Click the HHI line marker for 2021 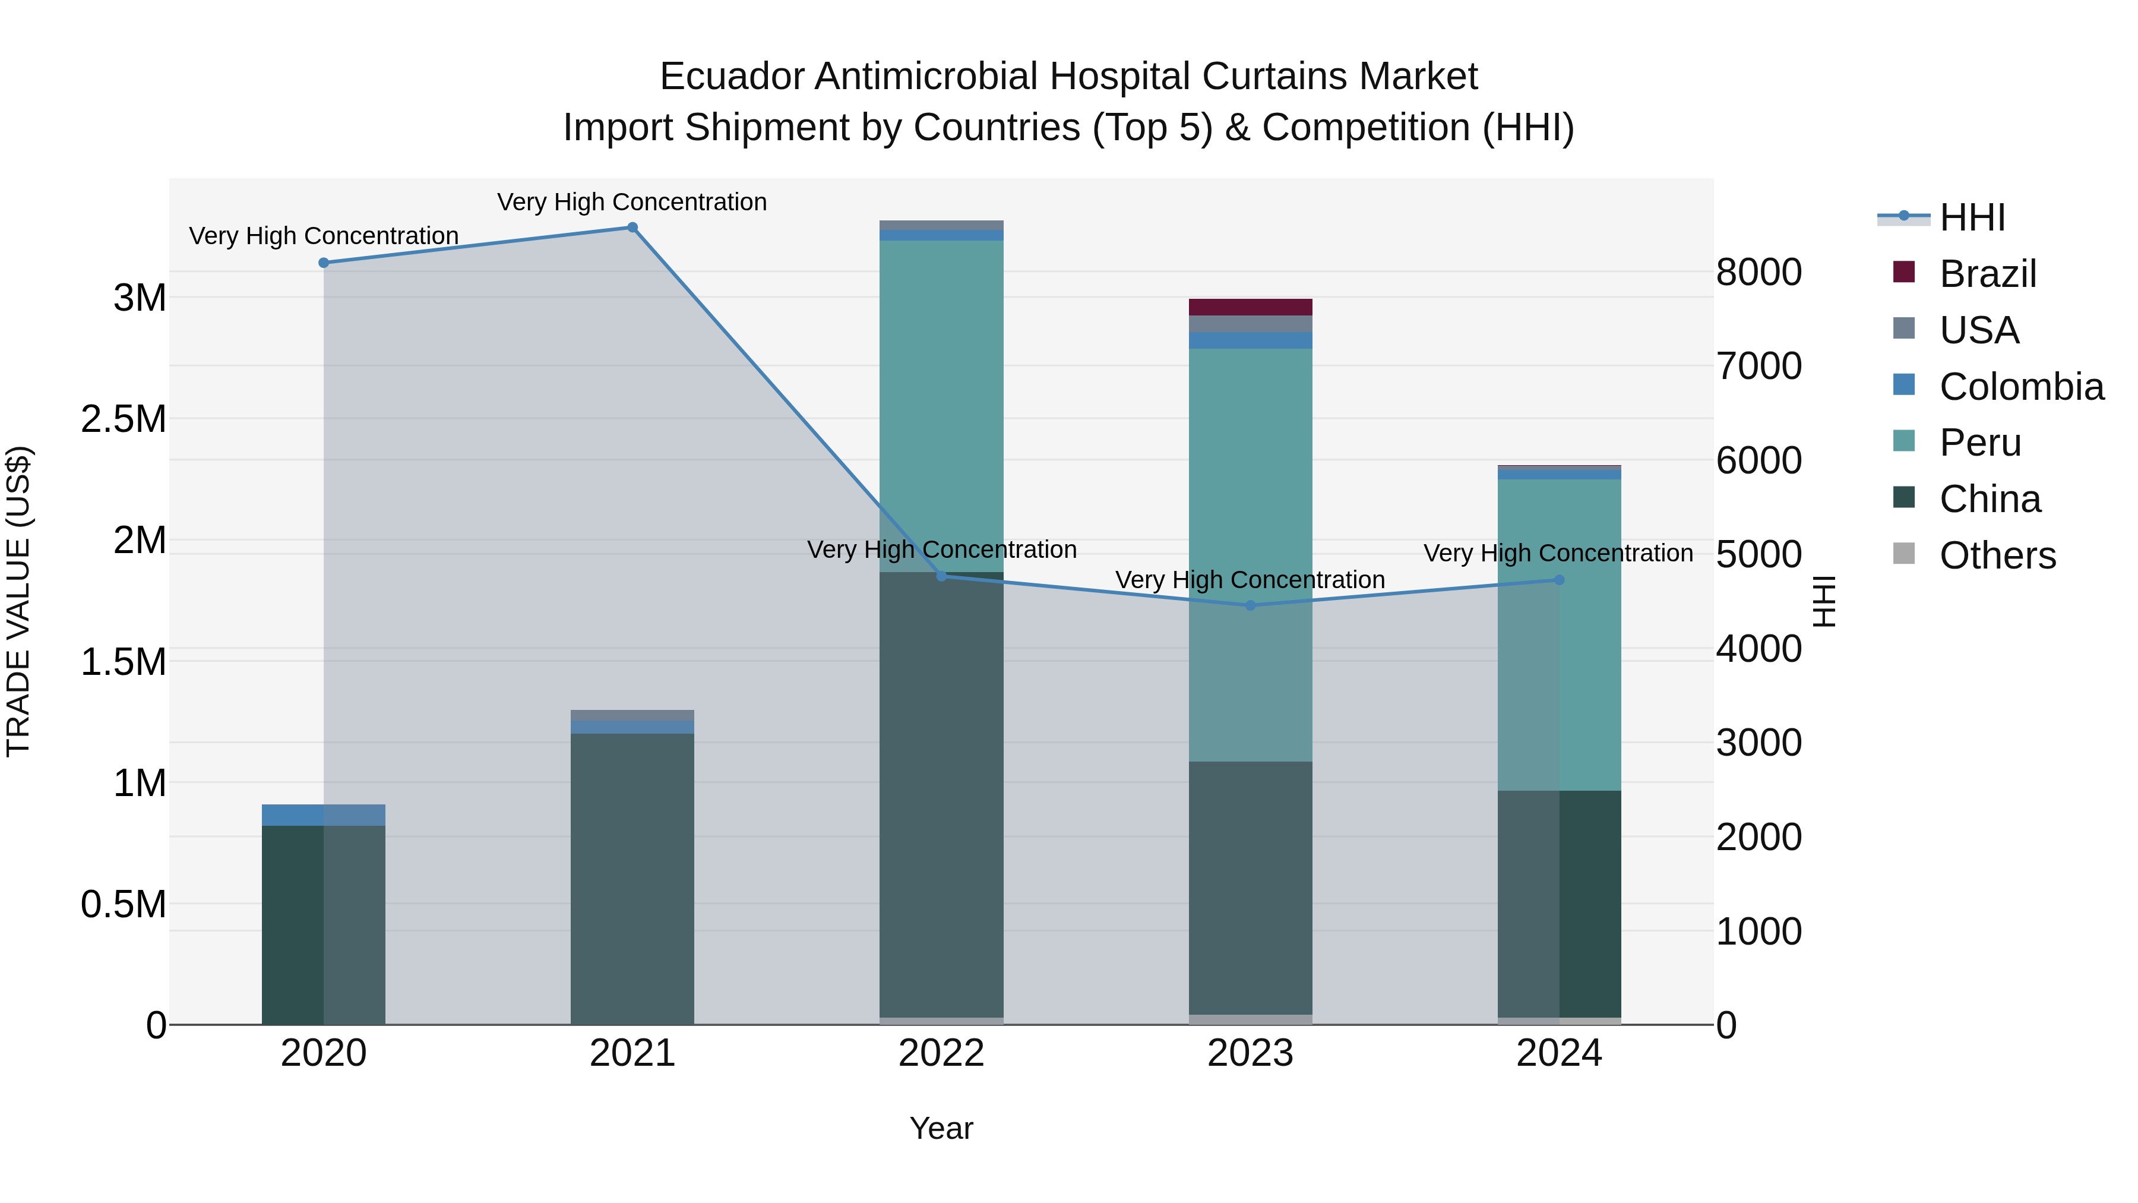632,228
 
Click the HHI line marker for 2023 1251,605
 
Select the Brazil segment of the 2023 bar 1251,307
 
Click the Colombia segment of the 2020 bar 324,814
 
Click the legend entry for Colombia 2021,387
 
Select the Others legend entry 1997,555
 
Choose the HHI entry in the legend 1972,217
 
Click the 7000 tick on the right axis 1759,366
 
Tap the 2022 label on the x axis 941,1053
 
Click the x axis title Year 941,1128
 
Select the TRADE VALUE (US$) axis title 18,601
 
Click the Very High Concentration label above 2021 632,202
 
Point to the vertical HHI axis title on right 1824,601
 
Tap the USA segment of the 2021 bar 632,716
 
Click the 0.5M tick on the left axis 124,904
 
